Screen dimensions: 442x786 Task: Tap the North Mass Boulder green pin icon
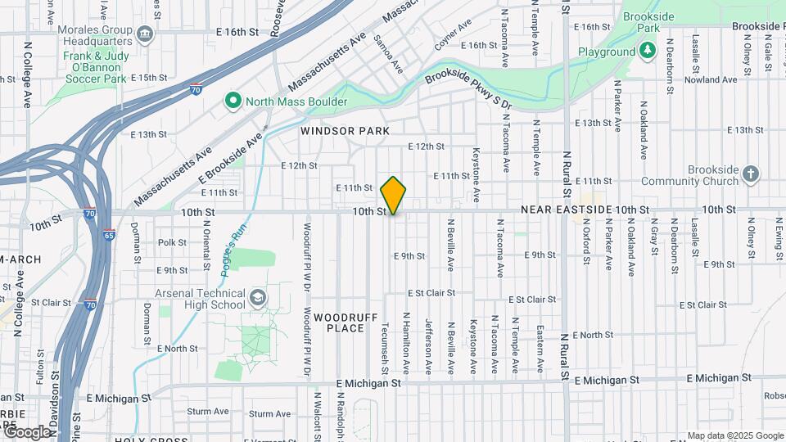point(233,101)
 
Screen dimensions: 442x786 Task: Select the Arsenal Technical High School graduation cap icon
point(259,295)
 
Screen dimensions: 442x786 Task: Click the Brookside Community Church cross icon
point(751,174)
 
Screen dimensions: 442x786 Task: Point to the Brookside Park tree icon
point(648,51)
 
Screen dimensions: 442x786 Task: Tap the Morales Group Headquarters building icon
point(145,34)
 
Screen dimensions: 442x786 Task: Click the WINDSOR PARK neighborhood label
point(344,131)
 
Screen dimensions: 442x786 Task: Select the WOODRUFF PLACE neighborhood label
point(344,322)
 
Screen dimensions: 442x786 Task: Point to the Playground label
point(607,52)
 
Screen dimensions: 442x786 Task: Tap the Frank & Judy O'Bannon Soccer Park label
point(95,67)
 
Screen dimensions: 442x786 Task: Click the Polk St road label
point(173,242)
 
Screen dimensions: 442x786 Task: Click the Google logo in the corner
point(27,431)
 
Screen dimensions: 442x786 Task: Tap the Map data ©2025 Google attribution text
point(734,435)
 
